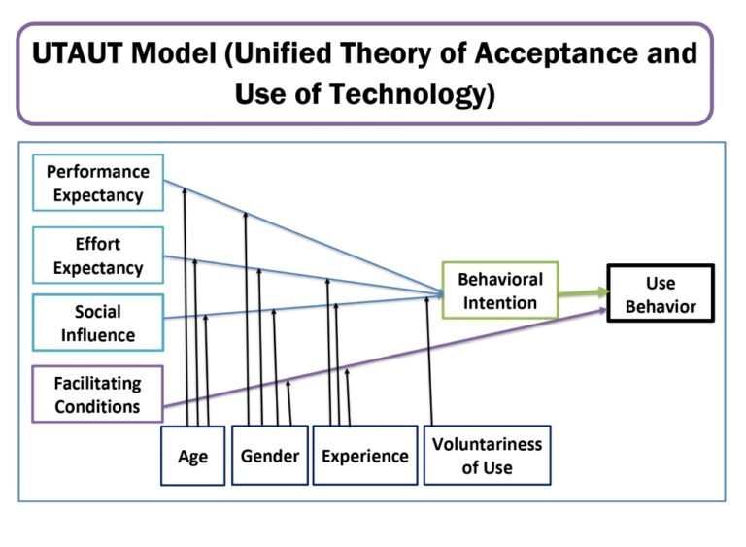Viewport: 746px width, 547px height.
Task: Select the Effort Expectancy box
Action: [97, 256]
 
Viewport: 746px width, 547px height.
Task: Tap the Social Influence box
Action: [98, 324]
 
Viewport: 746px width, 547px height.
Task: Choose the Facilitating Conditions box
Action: [97, 394]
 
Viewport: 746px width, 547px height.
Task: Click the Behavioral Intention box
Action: [499, 291]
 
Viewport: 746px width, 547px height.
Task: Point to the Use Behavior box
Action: [661, 295]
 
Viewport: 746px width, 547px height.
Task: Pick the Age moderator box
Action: [192, 456]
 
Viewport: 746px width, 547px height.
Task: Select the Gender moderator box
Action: [270, 456]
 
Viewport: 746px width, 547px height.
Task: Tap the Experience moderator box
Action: [365, 456]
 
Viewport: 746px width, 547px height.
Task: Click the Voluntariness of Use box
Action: [487, 456]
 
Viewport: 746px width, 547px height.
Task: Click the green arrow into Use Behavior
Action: [583, 292]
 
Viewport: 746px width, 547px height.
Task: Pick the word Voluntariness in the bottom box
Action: [487, 445]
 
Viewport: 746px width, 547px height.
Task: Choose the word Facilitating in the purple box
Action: [97, 384]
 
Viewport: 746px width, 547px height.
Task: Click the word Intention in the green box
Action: [499, 302]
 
